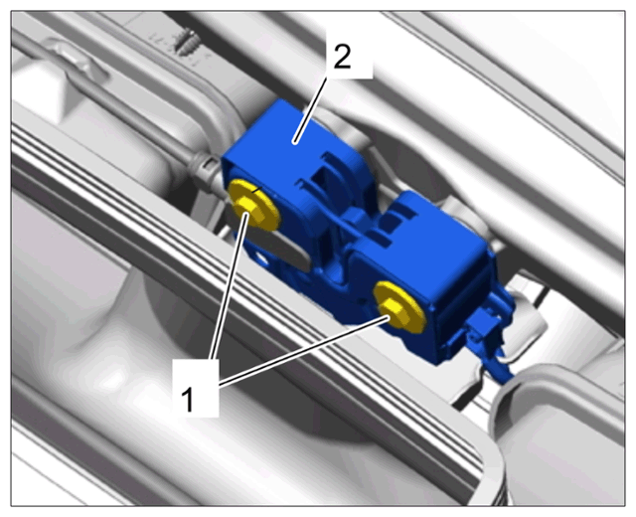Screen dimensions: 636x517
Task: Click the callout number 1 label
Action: [188, 399]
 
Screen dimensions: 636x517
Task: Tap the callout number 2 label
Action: [342, 57]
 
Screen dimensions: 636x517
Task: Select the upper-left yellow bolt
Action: [254, 205]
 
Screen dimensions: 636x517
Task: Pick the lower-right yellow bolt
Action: [400, 307]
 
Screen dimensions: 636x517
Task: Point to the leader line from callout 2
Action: [311, 110]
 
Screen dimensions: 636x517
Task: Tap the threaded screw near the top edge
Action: [186, 42]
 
